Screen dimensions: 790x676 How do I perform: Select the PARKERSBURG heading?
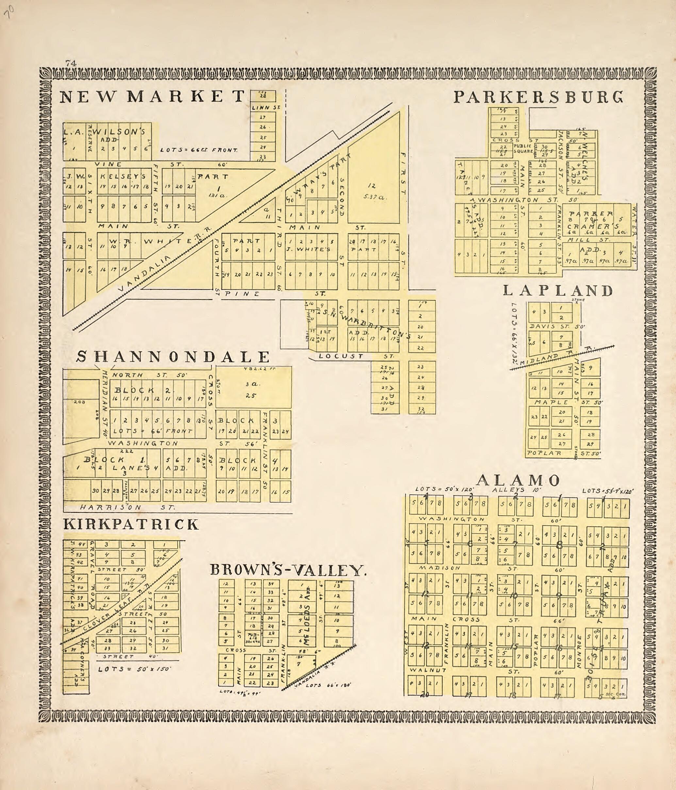[x=538, y=97]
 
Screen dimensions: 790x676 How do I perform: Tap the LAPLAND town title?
[x=558, y=291]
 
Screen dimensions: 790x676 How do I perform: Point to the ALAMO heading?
[x=519, y=480]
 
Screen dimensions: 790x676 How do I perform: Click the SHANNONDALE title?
[x=173, y=357]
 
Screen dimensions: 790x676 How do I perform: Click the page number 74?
[x=71, y=63]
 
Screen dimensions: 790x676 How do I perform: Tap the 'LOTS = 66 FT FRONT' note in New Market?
[x=199, y=150]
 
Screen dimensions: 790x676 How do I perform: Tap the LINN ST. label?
[x=266, y=108]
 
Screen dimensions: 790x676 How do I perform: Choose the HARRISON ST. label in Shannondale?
[x=128, y=507]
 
